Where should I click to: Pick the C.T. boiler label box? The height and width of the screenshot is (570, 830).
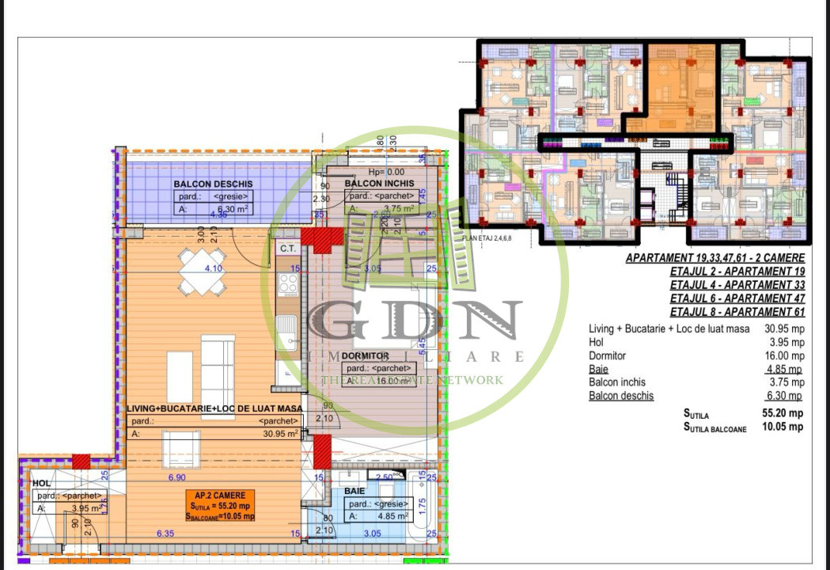click(286, 248)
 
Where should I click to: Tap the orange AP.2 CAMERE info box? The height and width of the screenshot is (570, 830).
click(222, 505)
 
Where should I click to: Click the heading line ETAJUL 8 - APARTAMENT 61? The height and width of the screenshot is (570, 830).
click(737, 312)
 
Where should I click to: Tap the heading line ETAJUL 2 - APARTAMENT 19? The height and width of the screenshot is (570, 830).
click(737, 272)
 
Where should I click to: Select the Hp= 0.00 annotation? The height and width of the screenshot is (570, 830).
click(386, 171)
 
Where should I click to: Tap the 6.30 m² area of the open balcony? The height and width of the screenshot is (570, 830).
click(233, 210)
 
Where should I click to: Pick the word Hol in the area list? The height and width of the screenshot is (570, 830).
click(597, 342)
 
